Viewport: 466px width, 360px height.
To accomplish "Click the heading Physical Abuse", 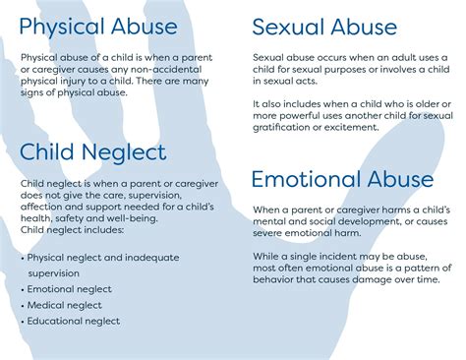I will [x=98, y=26].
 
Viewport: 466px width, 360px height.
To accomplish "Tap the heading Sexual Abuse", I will [x=324, y=27].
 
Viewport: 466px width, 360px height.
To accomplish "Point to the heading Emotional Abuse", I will [x=342, y=179].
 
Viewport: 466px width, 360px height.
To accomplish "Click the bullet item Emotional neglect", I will [x=69, y=289].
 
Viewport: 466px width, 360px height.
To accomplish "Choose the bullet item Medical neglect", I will [x=64, y=305].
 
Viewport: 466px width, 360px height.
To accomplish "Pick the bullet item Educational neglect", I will [x=74, y=321].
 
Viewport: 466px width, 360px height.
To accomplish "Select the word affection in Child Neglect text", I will [x=47, y=208].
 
